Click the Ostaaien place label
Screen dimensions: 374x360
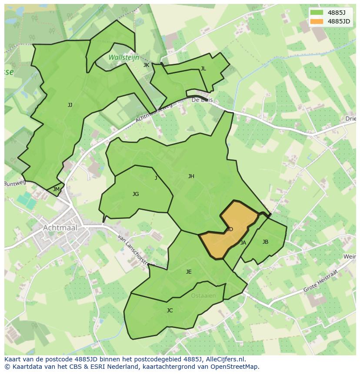pos(203,296)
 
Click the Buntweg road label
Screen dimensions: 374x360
pos(15,183)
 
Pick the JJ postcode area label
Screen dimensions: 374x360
pos(70,105)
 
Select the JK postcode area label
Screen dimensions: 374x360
pos(146,65)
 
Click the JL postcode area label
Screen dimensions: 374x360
pos(203,69)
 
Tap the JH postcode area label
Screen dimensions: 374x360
pos(191,176)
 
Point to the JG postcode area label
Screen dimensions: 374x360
pos(136,194)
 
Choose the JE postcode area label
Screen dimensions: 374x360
pos(189,272)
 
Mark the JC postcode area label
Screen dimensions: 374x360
pos(170,311)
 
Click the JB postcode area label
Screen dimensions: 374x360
pos(265,242)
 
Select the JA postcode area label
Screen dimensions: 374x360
pos(243,243)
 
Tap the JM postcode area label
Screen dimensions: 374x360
pos(56,189)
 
